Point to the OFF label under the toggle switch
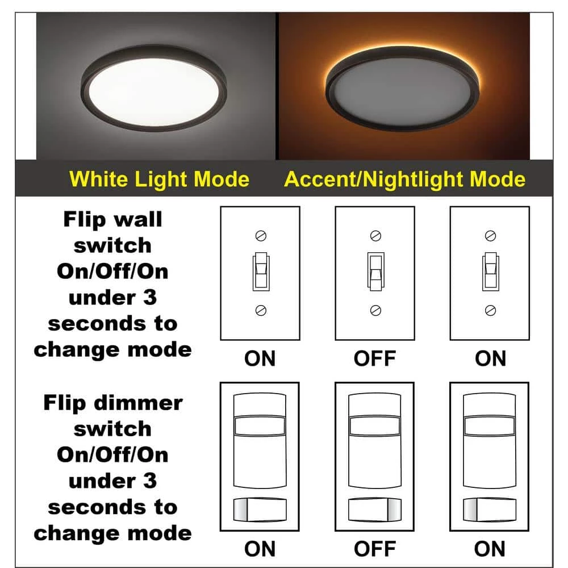[375, 359]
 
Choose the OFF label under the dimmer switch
[375, 549]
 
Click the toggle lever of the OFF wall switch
[375, 273]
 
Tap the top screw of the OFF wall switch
[375, 235]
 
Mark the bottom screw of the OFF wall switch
[375, 310]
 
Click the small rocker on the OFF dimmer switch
[375, 507]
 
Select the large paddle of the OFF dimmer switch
[375, 449]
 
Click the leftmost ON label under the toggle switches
[260, 359]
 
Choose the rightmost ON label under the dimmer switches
[490, 549]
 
